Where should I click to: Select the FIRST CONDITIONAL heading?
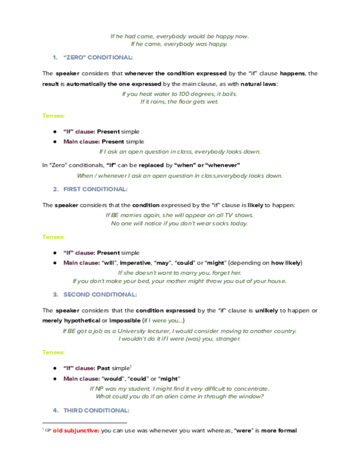[95, 189]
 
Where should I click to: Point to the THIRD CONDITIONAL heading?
[96, 410]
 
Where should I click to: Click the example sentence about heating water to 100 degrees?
[180, 94]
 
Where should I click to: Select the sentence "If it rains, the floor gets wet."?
[180, 101]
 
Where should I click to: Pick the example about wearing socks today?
[180, 223]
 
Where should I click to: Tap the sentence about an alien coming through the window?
[180, 396]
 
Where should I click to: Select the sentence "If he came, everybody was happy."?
[180, 43]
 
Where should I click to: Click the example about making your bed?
[180, 281]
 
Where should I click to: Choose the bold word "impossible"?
[124, 320]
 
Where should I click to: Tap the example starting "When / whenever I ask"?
[180, 176]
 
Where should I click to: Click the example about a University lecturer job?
[180, 331]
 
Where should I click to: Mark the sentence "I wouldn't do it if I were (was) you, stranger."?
[180, 339]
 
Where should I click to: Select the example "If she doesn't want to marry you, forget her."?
[180, 273]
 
